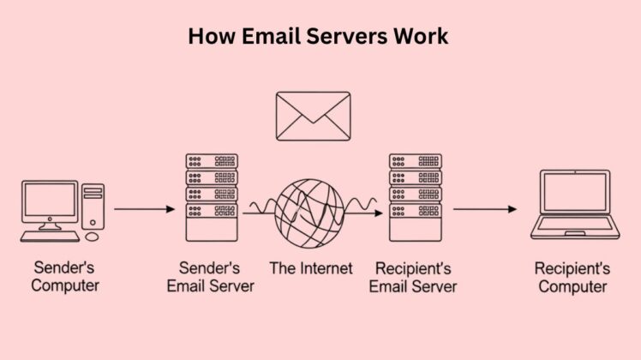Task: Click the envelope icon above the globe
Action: tap(313, 116)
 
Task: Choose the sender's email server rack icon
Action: tap(212, 196)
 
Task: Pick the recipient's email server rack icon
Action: tap(416, 196)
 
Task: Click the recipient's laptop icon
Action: tap(573, 205)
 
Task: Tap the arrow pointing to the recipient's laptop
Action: tap(485, 208)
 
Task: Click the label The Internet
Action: tap(311, 268)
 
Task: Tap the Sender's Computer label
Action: tap(65, 277)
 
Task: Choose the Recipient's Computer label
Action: tap(572, 277)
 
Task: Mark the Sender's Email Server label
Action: tap(211, 277)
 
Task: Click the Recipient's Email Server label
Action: tap(413, 277)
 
